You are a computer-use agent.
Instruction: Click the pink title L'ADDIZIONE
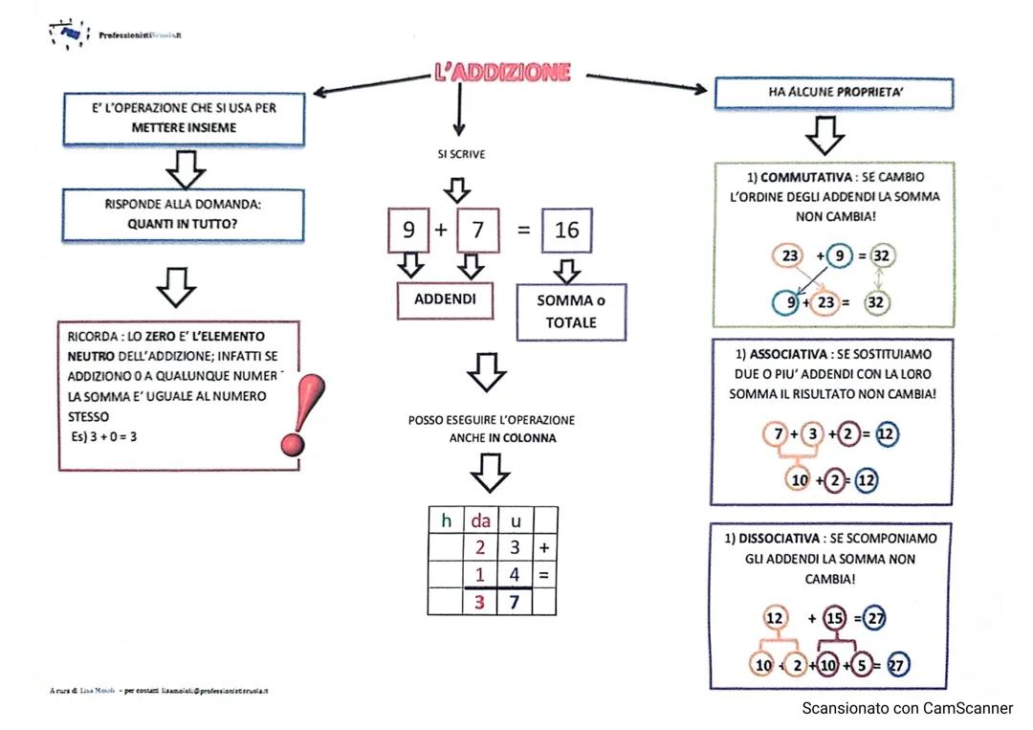click(503, 73)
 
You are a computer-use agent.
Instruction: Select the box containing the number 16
click(566, 231)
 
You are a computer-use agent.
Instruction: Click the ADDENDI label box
click(445, 299)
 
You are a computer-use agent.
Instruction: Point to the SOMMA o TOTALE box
click(571, 312)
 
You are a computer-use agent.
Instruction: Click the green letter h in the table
click(445, 521)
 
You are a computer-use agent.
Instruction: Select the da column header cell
click(479, 521)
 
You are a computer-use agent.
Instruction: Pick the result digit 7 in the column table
click(514, 602)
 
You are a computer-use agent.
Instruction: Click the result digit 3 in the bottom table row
click(479, 602)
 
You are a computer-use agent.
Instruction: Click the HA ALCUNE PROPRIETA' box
click(834, 93)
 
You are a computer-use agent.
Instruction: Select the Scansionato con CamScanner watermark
click(907, 708)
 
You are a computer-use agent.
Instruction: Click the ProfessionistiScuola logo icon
click(68, 34)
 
